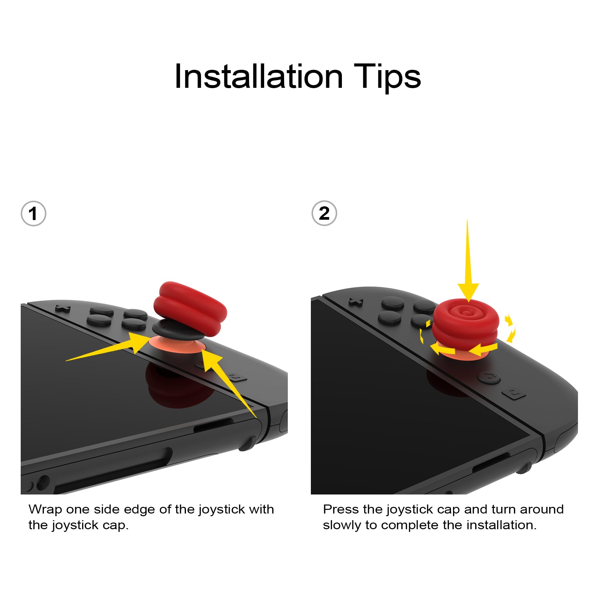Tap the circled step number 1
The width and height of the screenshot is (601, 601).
pos(33,214)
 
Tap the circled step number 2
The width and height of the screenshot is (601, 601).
pos(324,213)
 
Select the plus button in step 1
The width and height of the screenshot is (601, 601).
pos(62,308)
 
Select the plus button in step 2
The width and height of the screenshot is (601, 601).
pos(356,302)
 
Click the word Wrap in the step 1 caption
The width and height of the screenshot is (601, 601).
pos(45,510)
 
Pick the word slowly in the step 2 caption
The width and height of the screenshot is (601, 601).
pos(342,526)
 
